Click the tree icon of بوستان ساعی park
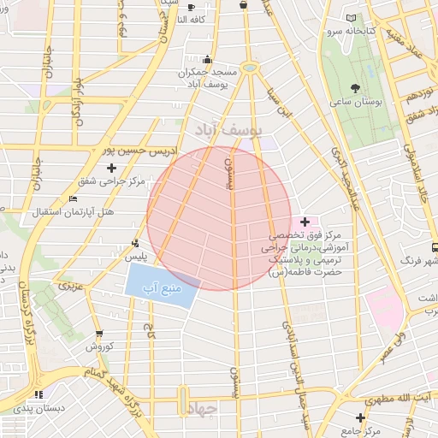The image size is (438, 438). pyautogui.click(x=355, y=88)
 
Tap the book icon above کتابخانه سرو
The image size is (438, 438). pyautogui.click(x=352, y=18)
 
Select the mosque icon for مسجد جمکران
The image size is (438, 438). pyautogui.click(x=207, y=60)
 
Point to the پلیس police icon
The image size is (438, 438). pyautogui.click(x=135, y=243)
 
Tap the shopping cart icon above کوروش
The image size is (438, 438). pyautogui.click(x=98, y=334)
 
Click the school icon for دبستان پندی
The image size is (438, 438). pyautogui.click(x=38, y=394)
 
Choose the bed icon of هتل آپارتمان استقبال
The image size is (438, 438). pyautogui.click(x=73, y=198)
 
